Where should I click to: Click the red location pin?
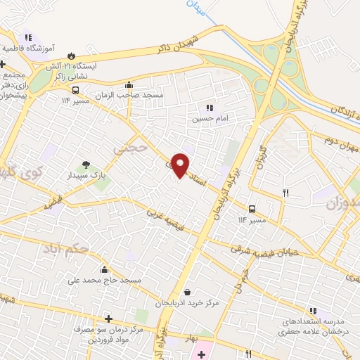tap(181, 165)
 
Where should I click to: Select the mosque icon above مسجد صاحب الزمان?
tap(129, 84)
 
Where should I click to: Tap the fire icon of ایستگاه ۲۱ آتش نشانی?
tap(70, 55)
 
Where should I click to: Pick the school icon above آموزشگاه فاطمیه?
tap(27, 37)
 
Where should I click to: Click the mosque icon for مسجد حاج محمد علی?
tap(104, 269)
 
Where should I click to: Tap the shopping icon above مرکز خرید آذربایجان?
tap(187, 292)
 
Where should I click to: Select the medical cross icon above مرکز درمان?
tap(108, 319)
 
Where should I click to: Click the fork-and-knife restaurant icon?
tap(285, 192)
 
